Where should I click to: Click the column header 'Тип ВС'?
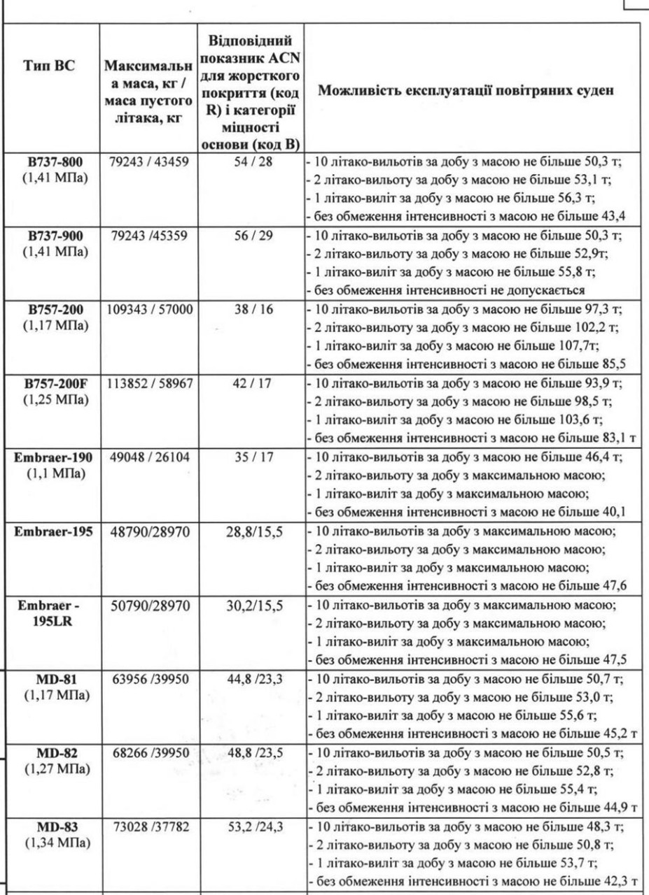tap(54, 68)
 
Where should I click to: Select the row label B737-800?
tap(54, 162)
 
